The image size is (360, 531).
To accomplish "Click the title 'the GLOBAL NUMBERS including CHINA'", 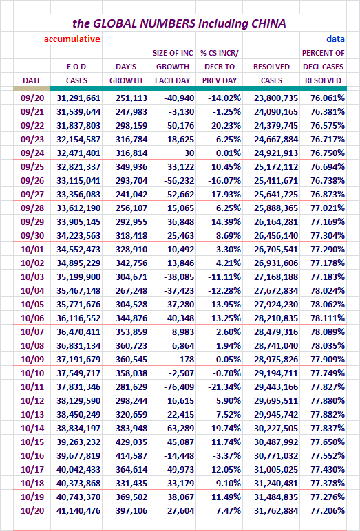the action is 179,23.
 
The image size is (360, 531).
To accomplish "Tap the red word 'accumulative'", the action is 72,39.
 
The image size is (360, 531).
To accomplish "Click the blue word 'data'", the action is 336,39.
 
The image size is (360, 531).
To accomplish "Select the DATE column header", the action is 32,80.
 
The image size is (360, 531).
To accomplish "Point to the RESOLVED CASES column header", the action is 271,74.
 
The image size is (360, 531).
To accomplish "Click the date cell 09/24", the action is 32,153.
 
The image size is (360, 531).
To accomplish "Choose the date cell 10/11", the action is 32,387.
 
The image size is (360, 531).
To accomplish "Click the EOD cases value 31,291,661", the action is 78,98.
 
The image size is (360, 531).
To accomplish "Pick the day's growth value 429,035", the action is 131,442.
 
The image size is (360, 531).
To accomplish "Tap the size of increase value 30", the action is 189,153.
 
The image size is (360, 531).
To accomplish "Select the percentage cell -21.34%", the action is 224,387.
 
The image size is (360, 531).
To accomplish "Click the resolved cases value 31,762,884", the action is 276,510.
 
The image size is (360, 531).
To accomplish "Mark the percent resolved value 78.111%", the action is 328,318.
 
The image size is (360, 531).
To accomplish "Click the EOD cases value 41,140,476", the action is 78,510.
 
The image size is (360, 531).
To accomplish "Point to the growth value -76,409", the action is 179,387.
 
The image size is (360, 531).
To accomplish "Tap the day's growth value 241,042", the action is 131,195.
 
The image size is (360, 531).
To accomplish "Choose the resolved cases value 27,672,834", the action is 276,290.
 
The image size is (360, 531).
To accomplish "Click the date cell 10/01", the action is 32,249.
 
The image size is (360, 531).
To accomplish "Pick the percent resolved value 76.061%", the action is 328,98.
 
